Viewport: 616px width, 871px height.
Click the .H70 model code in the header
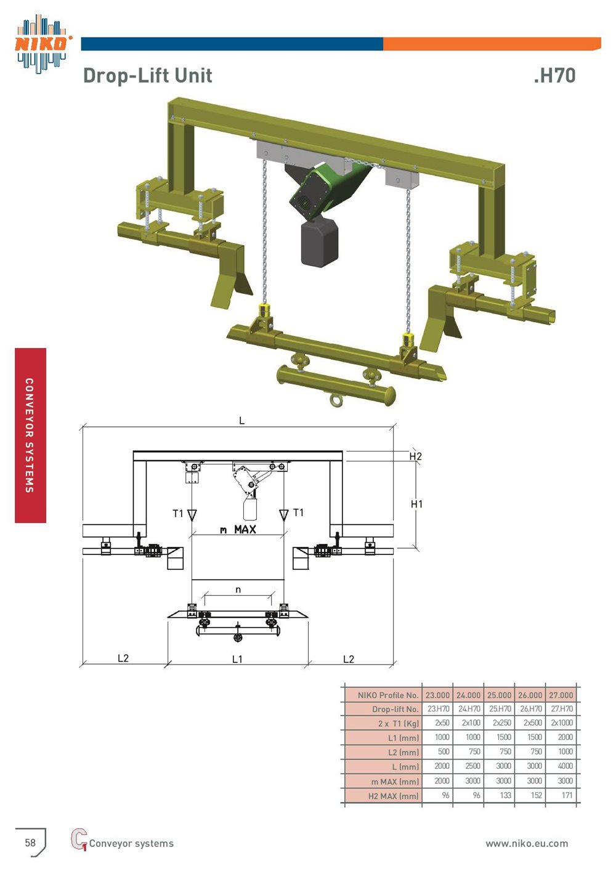pos(554,75)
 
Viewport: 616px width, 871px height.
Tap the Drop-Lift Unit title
pos(148,75)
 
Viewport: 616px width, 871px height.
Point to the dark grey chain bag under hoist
pos(320,242)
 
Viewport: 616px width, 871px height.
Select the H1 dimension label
pos(416,504)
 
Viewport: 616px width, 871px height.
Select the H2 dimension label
pos(415,456)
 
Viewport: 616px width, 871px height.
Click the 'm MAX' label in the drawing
pos(238,529)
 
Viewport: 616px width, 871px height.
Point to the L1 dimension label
pos(237,659)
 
